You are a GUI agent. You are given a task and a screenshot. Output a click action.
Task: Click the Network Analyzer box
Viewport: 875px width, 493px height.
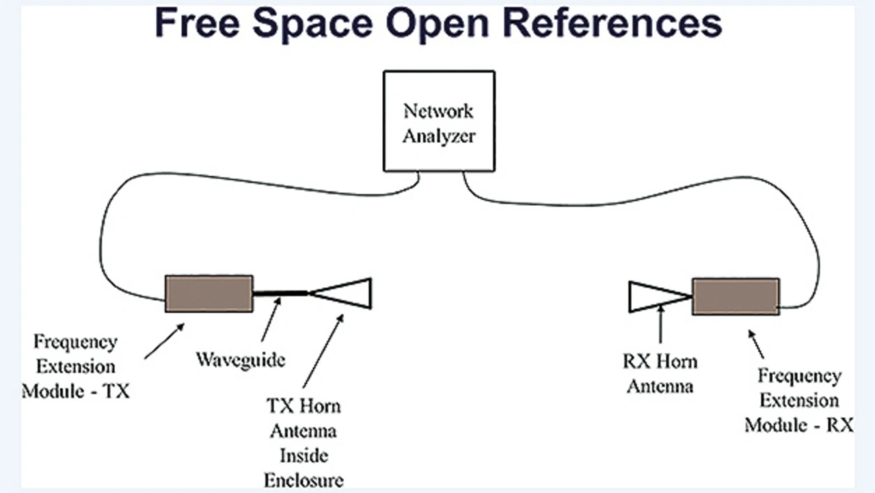point(438,121)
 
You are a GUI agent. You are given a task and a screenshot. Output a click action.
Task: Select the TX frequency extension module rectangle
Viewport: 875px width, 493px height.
point(209,293)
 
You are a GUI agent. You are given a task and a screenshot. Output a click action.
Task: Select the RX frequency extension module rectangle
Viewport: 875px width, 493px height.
point(736,296)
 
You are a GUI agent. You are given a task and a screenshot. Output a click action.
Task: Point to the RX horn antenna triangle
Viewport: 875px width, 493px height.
point(653,296)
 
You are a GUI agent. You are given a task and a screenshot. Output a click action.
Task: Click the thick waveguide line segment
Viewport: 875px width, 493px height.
point(281,293)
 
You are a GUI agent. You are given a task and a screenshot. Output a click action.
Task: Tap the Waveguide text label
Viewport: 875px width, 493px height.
point(241,359)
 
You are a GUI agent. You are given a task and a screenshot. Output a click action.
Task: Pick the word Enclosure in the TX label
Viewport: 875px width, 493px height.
point(304,479)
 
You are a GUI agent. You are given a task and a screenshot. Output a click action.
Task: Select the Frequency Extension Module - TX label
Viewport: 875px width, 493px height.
point(76,366)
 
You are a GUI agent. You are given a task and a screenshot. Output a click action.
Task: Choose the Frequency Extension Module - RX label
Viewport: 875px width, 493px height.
point(799,400)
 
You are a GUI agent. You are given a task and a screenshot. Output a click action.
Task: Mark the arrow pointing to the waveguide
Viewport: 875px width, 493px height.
point(271,321)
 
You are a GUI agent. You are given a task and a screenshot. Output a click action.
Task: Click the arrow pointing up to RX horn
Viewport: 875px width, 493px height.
point(660,325)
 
